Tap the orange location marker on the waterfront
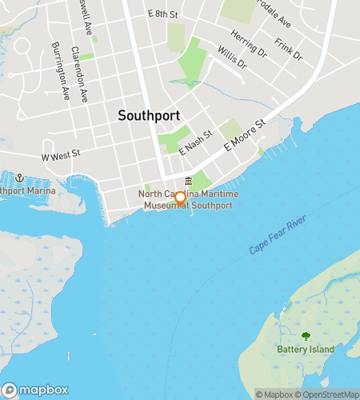coord(181,198)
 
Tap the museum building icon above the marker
coord(188,181)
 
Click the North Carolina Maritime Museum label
coord(186,200)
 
